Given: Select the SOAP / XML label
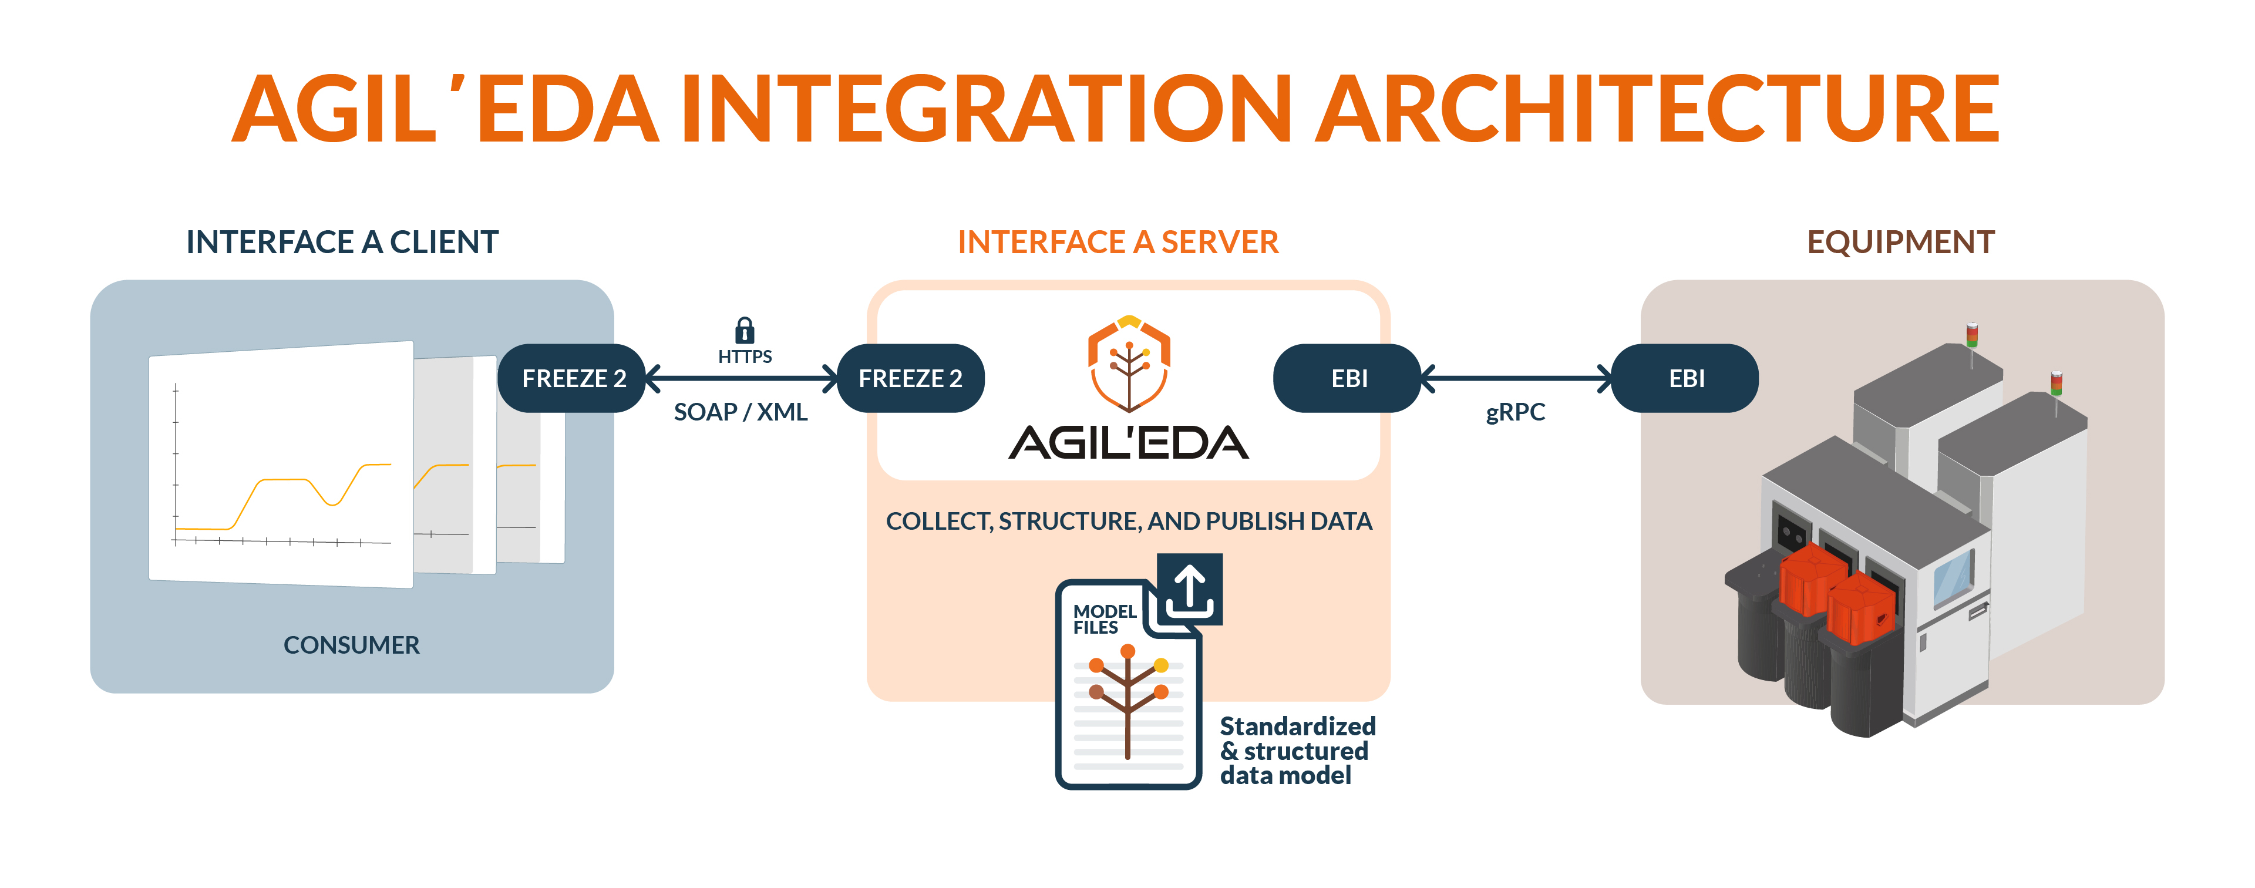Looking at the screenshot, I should coord(741,412).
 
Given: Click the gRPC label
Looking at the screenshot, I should coord(1515,412).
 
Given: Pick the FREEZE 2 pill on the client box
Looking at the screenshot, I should coord(573,378).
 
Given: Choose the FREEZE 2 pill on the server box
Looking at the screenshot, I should coord(910,378).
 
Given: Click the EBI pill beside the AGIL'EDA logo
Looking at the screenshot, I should coord(1348,378).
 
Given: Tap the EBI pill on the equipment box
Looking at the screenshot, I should coord(1686,378).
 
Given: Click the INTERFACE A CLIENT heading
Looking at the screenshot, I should coord(342,243).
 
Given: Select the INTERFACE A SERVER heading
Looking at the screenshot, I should coord(1118,243).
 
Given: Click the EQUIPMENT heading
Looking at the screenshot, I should coord(1900,243).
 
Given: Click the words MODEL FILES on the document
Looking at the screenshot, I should coord(1104,619).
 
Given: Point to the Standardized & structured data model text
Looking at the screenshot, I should coord(1297,751).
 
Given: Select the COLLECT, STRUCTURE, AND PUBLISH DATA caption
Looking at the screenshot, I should coord(1128,521).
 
